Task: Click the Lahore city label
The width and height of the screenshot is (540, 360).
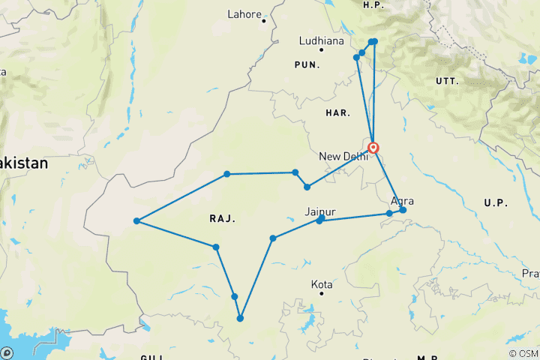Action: (244, 14)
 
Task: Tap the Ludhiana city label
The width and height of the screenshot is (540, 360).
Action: (321, 39)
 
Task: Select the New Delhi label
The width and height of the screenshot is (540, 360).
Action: (343, 156)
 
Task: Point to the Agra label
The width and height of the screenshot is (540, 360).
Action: (402, 201)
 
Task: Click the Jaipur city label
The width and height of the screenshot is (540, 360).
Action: (320, 211)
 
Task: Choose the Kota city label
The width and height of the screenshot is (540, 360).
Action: (322, 285)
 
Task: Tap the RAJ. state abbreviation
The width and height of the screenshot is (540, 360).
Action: (223, 219)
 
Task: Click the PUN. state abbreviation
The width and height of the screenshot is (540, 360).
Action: (307, 66)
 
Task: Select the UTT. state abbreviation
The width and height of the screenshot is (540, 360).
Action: (448, 79)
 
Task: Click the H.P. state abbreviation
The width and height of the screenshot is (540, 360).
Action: (373, 5)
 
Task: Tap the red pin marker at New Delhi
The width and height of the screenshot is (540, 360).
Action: (373, 147)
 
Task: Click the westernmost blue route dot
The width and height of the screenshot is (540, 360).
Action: (136, 221)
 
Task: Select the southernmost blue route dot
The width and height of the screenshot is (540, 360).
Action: (240, 319)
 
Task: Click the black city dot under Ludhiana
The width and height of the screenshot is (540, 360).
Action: (321, 49)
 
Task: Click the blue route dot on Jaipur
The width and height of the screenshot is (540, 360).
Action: (319, 220)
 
